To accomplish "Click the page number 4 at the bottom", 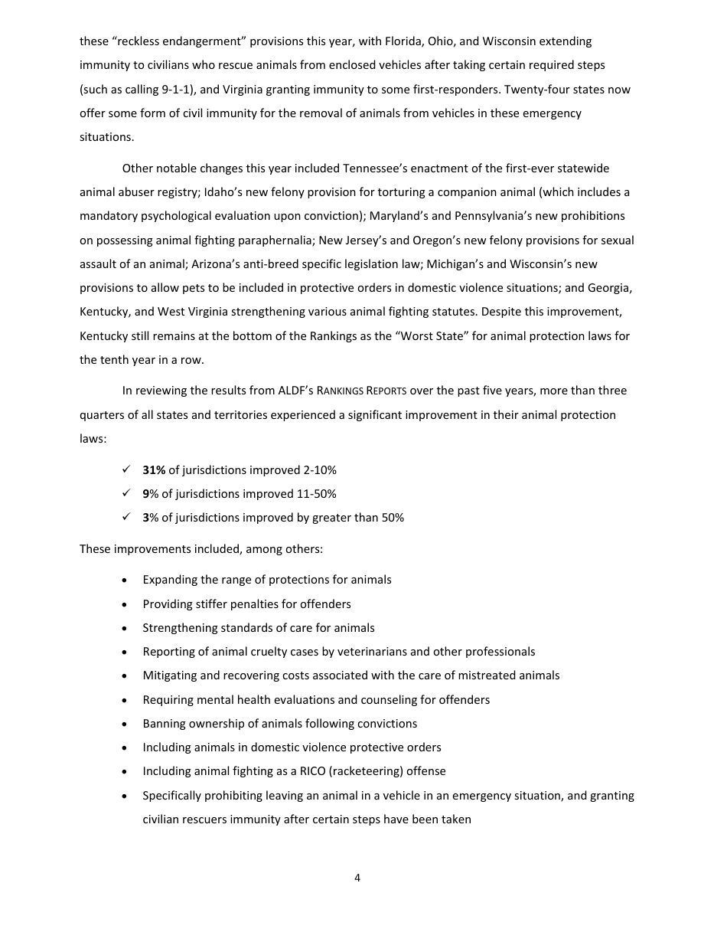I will (x=357, y=878).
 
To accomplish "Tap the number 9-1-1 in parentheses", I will (x=178, y=90).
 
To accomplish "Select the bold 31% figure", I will (x=154, y=470).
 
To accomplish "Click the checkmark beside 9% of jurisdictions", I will (x=126, y=494).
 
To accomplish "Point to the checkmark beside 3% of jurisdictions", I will (x=126, y=518).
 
